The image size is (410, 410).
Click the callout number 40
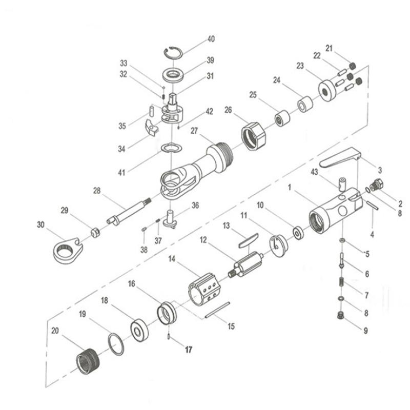(211, 39)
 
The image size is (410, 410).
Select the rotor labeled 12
(248, 262)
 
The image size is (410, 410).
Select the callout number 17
(188, 351)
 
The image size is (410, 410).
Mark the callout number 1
(290, 188)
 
